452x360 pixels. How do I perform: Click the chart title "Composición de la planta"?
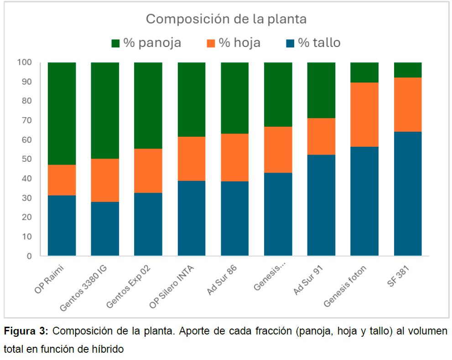tap(226, 19)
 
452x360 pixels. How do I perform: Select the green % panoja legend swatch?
tap(115, 43)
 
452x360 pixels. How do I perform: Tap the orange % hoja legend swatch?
tap(210, 43)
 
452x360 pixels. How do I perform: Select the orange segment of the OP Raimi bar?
tap(62, 180)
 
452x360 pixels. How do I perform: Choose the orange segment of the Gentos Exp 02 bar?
tap(148, 170)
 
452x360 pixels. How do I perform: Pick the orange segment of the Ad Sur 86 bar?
tap(234, 157)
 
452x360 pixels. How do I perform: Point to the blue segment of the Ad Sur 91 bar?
tap(321, 205)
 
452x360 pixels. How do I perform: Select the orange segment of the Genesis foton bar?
tap(364, 114)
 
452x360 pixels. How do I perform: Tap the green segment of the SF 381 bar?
tap(408, 70)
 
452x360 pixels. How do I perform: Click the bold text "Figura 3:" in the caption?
tap(29, 331)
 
